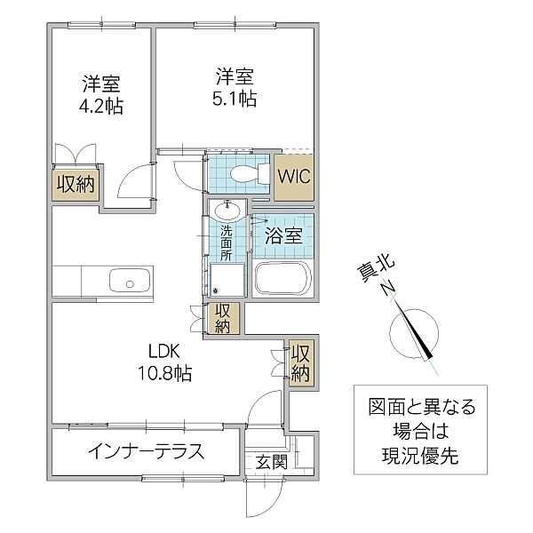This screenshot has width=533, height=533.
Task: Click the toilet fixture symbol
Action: point(249,174)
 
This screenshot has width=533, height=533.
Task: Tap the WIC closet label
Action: point(294,177)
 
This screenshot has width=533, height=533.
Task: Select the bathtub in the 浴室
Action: point(282,278)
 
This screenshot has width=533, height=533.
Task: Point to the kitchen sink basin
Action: point(130,281)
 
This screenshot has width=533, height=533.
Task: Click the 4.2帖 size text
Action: point(101,107)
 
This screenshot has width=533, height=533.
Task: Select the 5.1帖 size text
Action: point(235,99)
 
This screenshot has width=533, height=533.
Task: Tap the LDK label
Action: point(164,352)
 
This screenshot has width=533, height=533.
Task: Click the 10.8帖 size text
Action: point(164,373)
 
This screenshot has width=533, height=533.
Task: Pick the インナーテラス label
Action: point(147,452)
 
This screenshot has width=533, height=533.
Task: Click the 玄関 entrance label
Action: point(272,462)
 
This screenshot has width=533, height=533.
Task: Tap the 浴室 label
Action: point(283,236)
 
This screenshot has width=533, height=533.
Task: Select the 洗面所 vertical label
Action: point(226,243)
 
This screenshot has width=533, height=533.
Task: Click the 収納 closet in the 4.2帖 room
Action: point(76,185)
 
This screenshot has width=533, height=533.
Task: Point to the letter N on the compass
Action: point(387,287)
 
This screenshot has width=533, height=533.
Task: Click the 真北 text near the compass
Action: point(376,268)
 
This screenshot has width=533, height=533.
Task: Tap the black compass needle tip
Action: point(430,357)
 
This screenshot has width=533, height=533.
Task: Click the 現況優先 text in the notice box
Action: point(420,456)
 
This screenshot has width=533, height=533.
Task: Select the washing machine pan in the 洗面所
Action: point(227,281)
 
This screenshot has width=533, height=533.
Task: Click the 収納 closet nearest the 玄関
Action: point(300,363)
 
